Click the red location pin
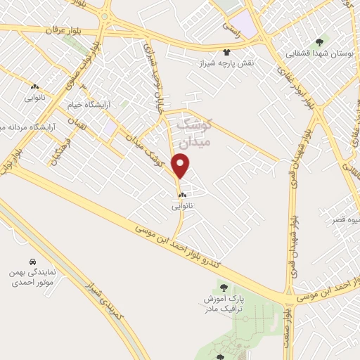[x=181, y=167]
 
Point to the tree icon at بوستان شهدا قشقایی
[x=321, y=42]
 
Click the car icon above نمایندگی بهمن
[x=32, y=260]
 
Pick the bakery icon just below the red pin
[x=181, y=195]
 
